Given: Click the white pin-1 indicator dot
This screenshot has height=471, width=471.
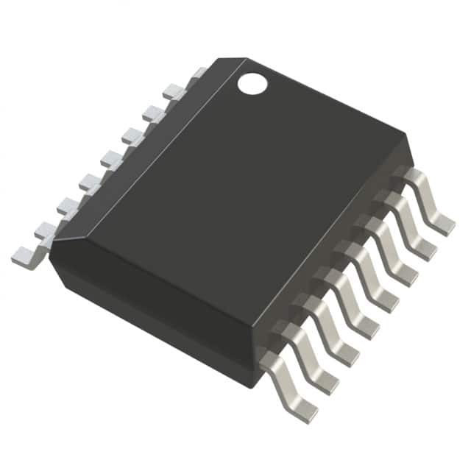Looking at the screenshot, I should (x=252, y=84).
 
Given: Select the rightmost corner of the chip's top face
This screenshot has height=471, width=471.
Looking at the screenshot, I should (x=406, y=137).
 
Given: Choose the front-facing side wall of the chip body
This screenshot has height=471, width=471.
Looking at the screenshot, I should (x=155, y=309).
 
